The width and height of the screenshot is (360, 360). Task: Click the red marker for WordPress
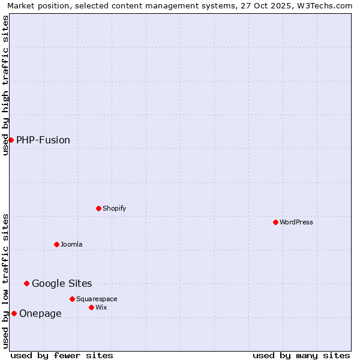pos(275,222)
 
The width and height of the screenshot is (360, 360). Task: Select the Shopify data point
pos(98,208)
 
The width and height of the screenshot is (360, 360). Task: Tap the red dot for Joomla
pos(56,244)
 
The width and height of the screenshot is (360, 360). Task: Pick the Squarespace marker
pos(72,299)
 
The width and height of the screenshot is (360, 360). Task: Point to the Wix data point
pos(91,307)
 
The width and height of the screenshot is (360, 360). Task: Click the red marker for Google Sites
pos(26,283)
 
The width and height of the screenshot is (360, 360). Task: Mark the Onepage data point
pos(14,313)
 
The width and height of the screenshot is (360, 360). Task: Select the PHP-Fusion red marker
pos(11,140)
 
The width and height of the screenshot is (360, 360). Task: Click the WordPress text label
pos(296,222)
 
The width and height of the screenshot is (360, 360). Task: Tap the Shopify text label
pos(115,208)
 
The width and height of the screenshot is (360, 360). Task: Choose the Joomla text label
pos(71,244)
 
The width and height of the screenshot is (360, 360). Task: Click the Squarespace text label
pos(97,299)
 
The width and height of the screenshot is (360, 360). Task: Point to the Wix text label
pos(101,307)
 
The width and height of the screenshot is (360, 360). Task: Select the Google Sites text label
pos(62,283)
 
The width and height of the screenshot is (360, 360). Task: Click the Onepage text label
pos(40,313)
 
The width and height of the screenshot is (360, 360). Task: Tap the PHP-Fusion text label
pos(43,140)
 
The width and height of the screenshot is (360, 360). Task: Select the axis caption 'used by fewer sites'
pos(62,355)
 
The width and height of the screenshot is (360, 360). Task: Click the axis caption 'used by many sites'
pos(301,355)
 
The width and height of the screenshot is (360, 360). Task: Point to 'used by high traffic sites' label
pos(6,85)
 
